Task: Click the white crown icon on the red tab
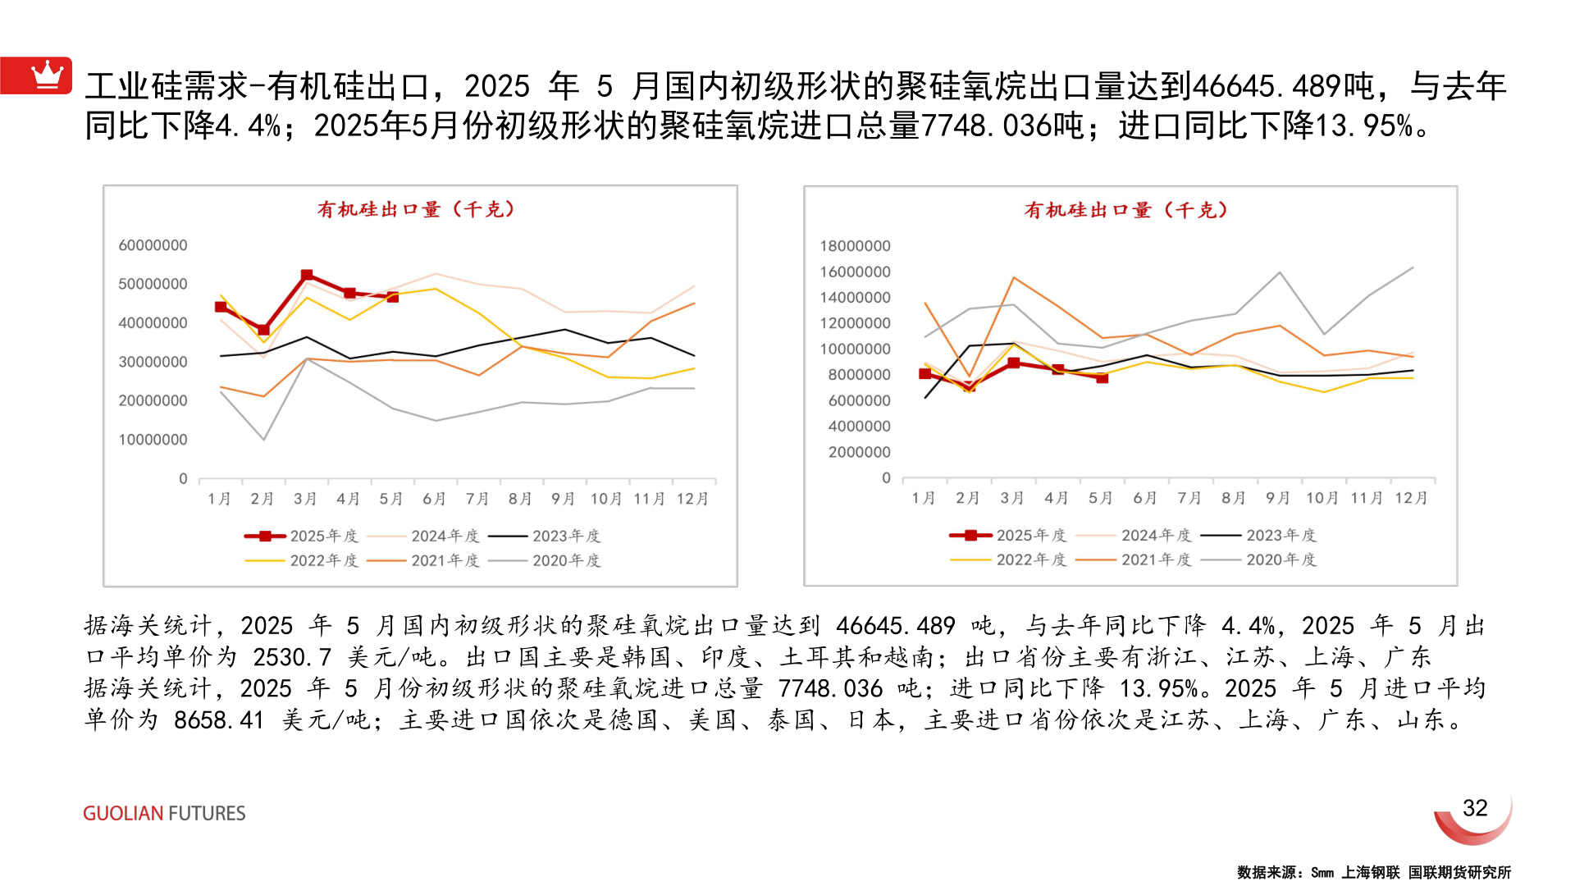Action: click(x=47, y=75)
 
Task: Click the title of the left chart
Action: click(x=416, y=210)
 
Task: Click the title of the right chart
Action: click(x=1125, y=211)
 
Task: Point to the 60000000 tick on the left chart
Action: click(x=153, y=245)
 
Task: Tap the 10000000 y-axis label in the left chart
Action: click(x=153, y=440)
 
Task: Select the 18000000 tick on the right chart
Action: click(x=855, y=246)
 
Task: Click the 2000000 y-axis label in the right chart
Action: click(x=859, y=452)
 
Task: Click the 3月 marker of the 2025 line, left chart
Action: click(x=307, y=276)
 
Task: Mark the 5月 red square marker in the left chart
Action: click(x=393, y=297)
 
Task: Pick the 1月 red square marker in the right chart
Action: click(x=925, y=374)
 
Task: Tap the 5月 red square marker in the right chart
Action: click(x=1102, y=378)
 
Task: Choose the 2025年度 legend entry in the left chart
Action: click(x=301, y=536)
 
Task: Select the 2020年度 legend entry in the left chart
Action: click(x=545, y=560)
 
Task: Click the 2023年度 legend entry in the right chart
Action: click(x=1258, y=535)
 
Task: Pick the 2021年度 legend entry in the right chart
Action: click(x=1134, y=559)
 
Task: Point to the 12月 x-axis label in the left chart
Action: click(x=692, y=499)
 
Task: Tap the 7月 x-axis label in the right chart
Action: click(x=1189, y=498)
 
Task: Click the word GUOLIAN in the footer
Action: click(x=123, y=813)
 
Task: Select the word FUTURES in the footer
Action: click(x=207, y=813)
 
